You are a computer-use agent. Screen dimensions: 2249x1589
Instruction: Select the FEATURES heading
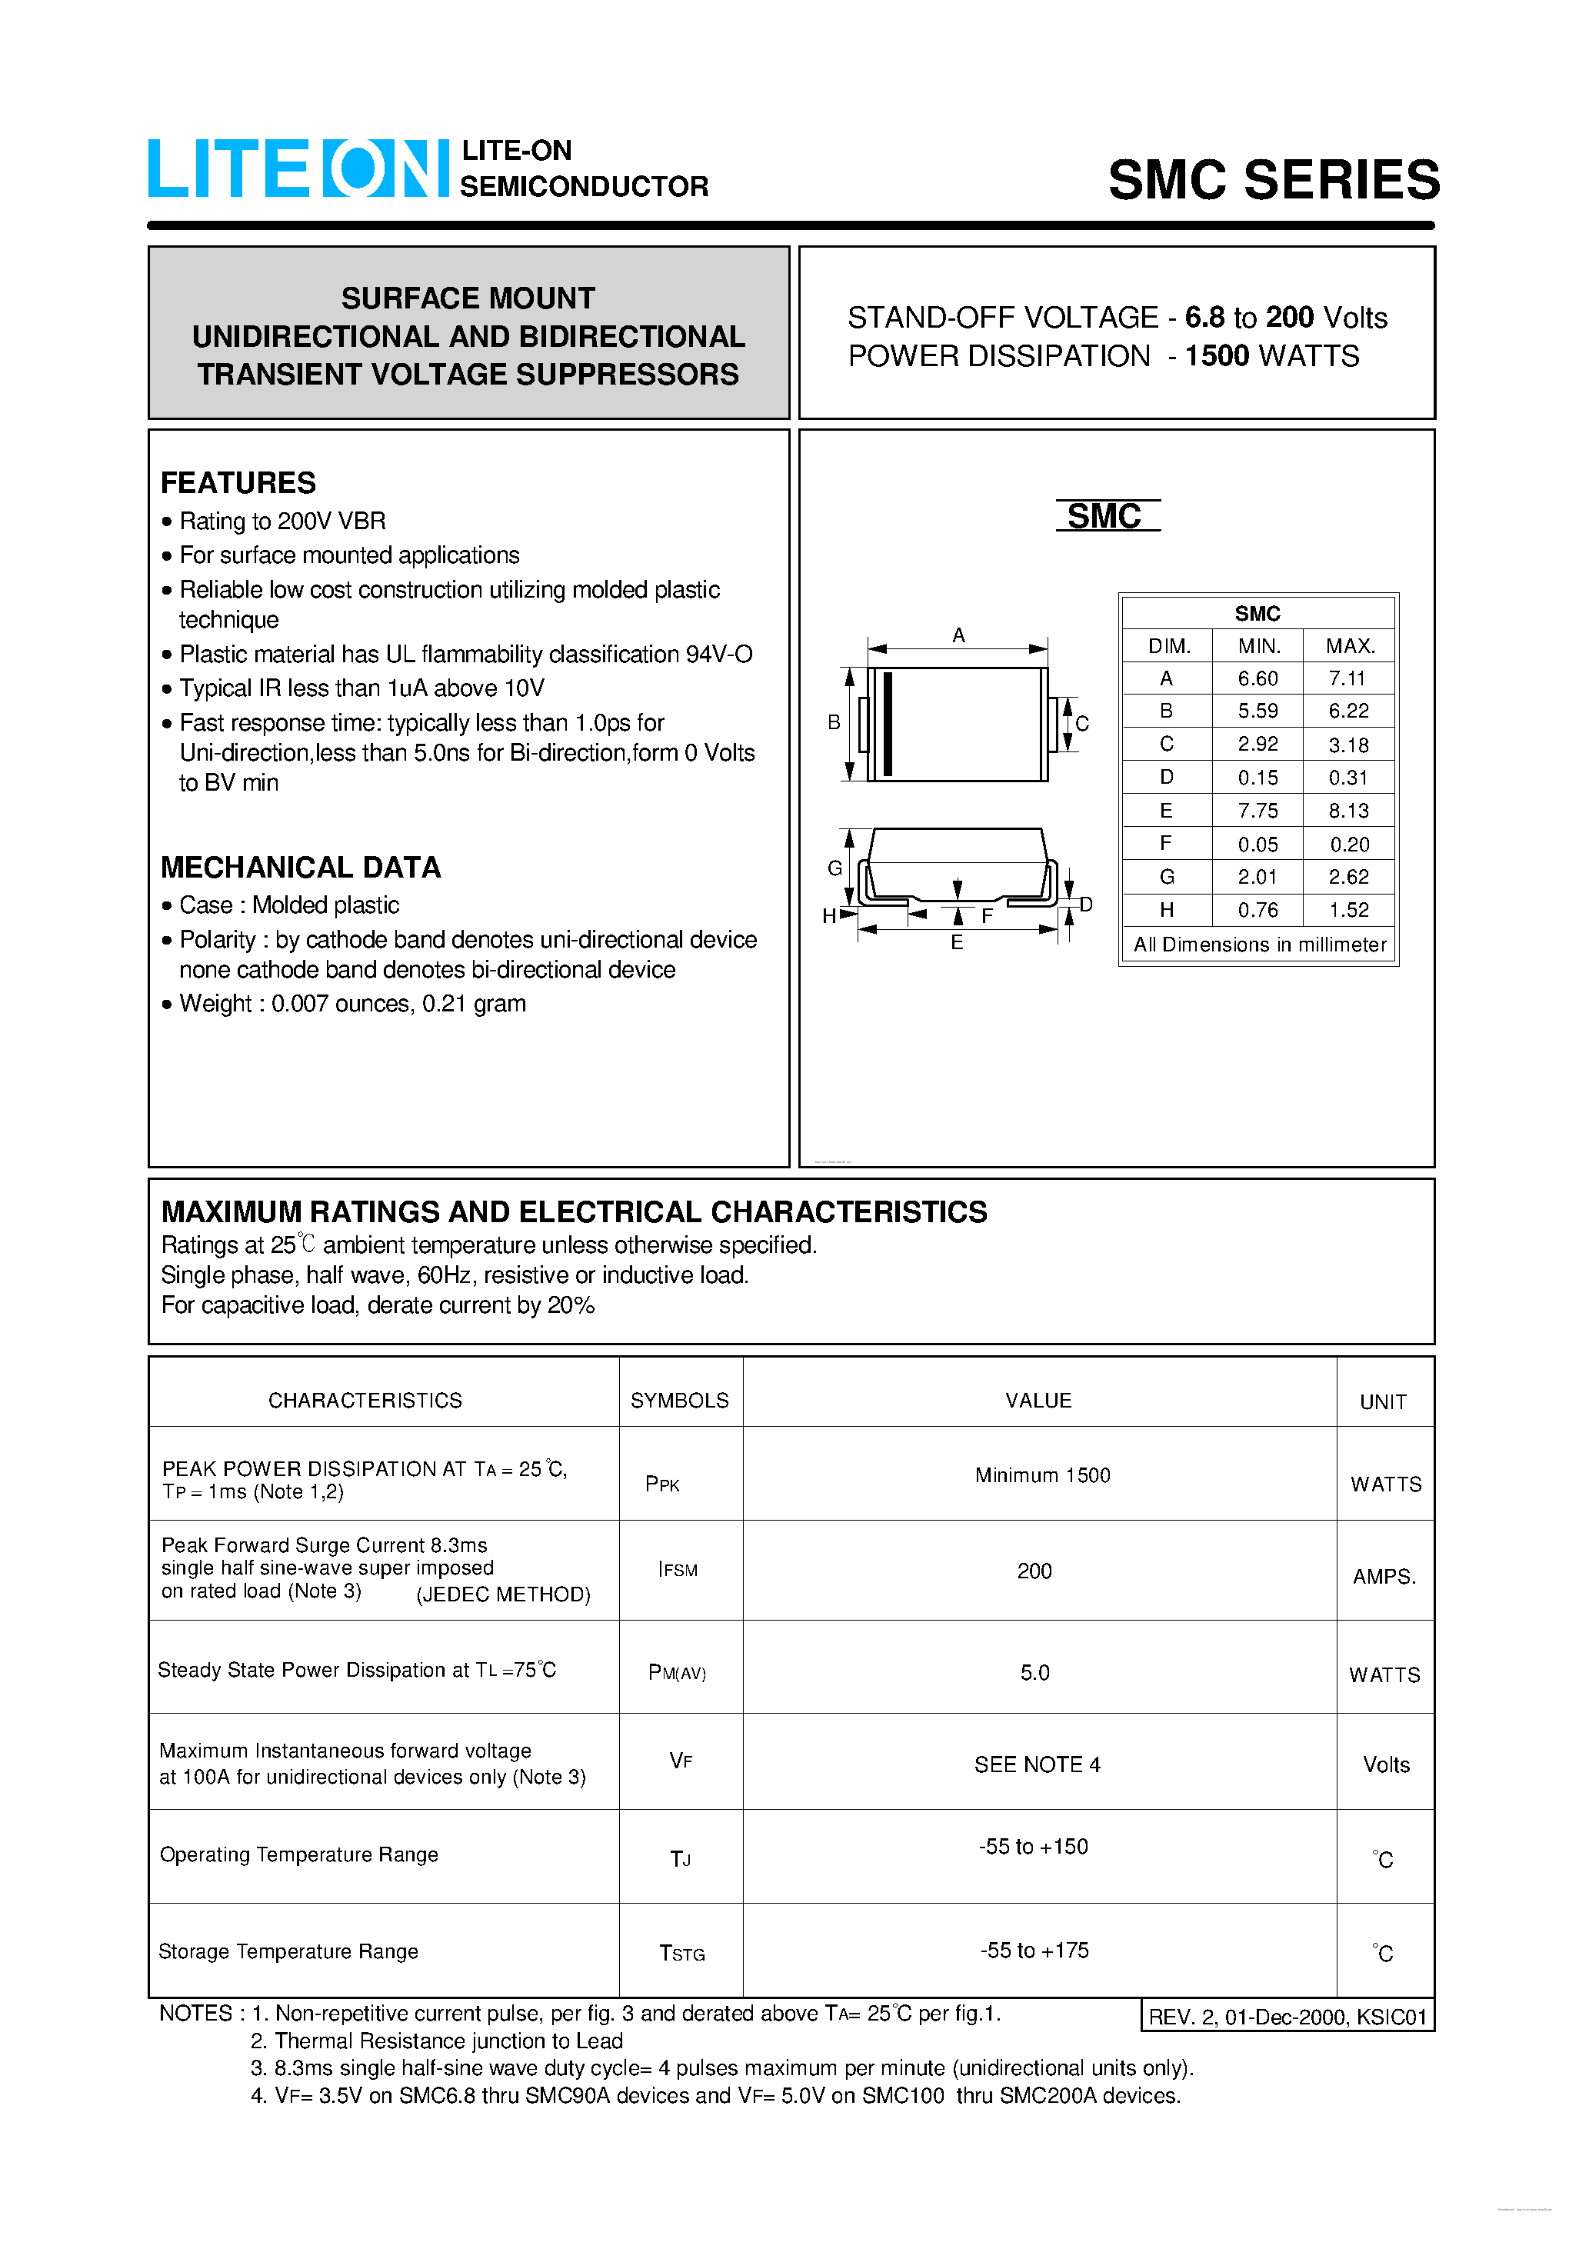coord(238,483)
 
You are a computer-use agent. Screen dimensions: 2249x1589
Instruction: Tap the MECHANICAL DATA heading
coord(300,867)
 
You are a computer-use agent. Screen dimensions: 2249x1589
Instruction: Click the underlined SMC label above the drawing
coord(1105,516)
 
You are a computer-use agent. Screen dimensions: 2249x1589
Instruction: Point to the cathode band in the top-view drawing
coord(888,724)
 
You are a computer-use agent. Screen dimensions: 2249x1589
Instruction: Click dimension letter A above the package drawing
coord(958,635)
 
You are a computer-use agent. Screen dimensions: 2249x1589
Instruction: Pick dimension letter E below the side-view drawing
coord(956,942)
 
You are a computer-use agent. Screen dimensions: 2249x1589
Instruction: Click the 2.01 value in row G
coord(1257,877)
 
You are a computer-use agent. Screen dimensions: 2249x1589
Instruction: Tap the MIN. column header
coord(1258,645)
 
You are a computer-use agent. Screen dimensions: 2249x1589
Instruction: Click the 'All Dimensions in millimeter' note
coord(1259,945)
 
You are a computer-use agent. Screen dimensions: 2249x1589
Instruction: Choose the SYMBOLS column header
coord(679,1400)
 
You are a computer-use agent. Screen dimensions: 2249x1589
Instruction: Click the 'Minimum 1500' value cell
coord(1041,1475)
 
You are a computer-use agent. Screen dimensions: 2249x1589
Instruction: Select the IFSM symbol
coord(678,1569)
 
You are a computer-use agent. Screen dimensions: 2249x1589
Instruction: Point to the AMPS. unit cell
coord(1384,1576)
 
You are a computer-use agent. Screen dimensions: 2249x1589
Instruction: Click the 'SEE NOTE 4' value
coord(1037,1764)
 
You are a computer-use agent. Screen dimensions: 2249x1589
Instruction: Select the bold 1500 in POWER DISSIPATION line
coord(1217,355)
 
